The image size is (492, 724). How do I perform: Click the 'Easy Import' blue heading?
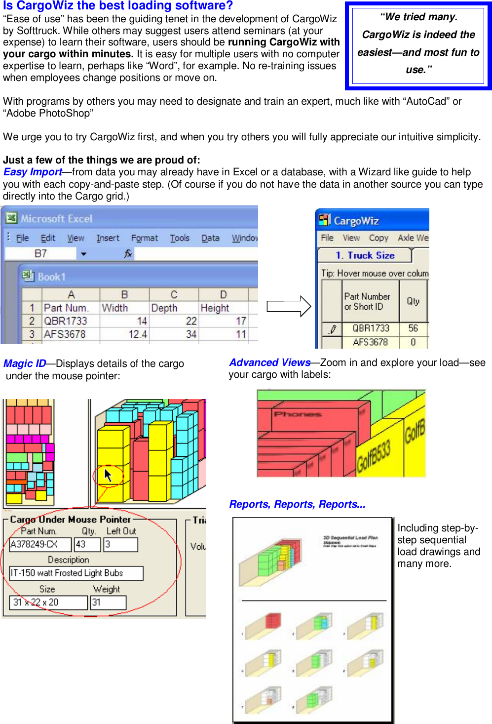tap(33, 172)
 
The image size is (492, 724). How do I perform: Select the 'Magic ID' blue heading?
tap(25, 363)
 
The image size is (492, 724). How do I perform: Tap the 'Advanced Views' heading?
tap(269, 362)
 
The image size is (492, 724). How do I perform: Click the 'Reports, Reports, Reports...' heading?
tap(297, 504)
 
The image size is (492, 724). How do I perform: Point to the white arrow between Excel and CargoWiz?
tap(289, 307)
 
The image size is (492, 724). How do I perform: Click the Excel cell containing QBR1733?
tap(66, 321)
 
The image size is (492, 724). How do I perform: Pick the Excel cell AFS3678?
tap(65, 334)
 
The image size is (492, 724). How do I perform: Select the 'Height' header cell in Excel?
tap(215, 308)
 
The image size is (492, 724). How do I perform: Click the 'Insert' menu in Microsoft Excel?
tap(108, 238)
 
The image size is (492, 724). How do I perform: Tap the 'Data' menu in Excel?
tap(210, 238)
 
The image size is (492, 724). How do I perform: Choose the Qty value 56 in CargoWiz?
tap(413, 328)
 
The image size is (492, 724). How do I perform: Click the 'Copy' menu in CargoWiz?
tap(378, 238)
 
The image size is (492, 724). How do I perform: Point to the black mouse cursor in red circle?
tap(108, 476)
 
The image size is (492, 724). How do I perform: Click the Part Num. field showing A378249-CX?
tap(40, 544)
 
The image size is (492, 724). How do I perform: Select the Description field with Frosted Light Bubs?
tap(76, 573)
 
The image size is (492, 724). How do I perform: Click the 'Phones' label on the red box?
tap(298, 414)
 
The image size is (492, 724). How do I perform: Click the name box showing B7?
tap(40, 254)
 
